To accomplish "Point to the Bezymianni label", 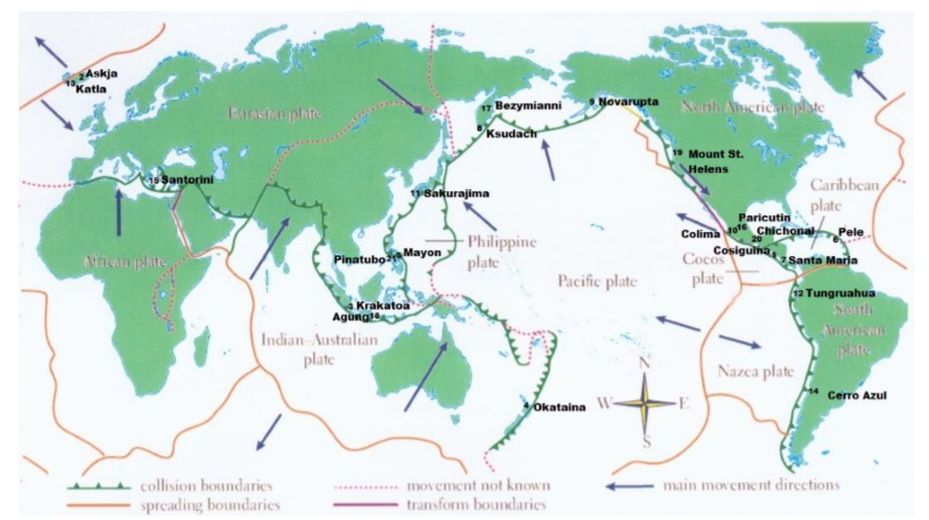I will [529, 106].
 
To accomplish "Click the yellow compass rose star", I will [645, 402].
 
